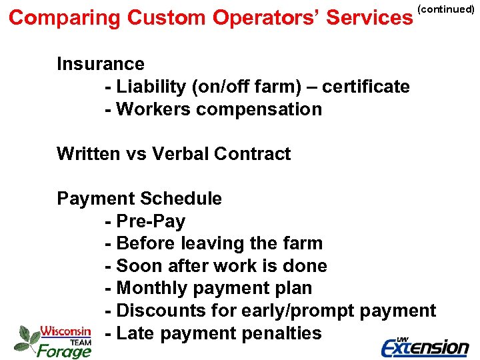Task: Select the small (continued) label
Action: (445, 9)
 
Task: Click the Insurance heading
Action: (101, 64)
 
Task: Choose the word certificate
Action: (366, 87)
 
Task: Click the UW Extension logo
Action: (425, 345)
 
